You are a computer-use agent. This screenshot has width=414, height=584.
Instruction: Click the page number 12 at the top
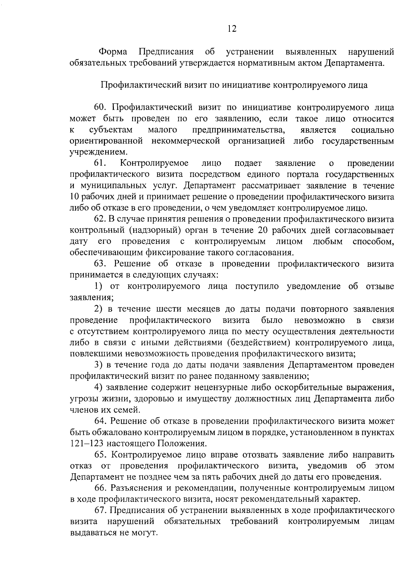click(x=232, y=29)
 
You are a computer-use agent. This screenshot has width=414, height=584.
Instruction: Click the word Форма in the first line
click(x=113, y=52)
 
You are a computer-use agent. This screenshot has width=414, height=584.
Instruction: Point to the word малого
click(x=162, y=130)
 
